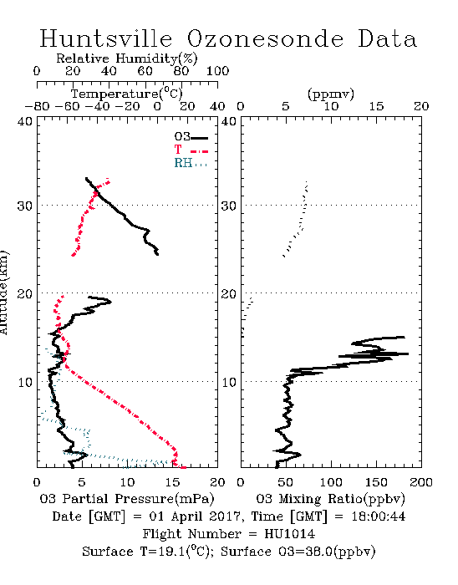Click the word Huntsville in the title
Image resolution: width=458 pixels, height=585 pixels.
pyautogui.click(x=106, y=38)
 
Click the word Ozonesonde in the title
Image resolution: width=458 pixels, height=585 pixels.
pyautogui.click(x=265, y=38)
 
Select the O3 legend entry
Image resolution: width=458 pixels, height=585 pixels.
pyautogui.click(x=191, y=137)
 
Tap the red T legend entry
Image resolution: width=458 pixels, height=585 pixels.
pyautogui.click(x=191, y=150)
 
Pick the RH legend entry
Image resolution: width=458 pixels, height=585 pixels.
pyautogui.click(x=191, y=164)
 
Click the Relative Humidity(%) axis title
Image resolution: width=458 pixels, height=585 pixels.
pyautogui.click(x=127, y=58)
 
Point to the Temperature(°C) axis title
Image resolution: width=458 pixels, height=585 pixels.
pyautogui.click(x=127, y=94)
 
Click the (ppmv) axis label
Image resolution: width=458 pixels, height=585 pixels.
pyautogui.click(x=331, y=94)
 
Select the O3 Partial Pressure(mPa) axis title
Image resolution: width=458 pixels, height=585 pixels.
pyautogui.click(x=127, y=499)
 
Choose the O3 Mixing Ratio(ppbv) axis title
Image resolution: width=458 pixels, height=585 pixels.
pyautogui.click(x=330, y=499)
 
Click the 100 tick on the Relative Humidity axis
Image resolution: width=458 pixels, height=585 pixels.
pyautogui.click(x=218, y=71)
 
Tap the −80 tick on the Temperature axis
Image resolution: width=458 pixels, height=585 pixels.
pyautogui.click(x=37, y=107)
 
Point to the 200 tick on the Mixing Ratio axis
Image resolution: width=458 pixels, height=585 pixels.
pyautogui.click(x=421, y=482)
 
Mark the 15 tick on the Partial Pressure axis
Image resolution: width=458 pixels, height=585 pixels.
pyautogui.click(x=172, y=482)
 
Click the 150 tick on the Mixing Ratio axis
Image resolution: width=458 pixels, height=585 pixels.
pyautogui.click(x=376, y=482)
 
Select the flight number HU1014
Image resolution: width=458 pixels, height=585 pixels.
pyautogui.click(x=290, y=534)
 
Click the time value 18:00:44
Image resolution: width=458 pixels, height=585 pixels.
pyautogui.click(x=379, y=516)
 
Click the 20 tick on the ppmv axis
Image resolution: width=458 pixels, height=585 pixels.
pyautogui.click(x=421, y=107)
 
